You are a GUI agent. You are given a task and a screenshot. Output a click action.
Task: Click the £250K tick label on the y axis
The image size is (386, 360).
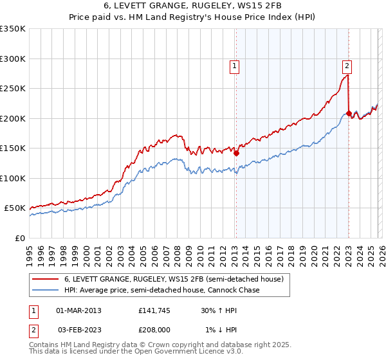tap(13, 89)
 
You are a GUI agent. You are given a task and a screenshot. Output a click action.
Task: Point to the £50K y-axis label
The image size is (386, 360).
tap(15, 208)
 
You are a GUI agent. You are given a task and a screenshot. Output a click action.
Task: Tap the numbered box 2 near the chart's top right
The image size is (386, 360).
tap(347, 65)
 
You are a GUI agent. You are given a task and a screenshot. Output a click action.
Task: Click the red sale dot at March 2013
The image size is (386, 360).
tap(236, 154)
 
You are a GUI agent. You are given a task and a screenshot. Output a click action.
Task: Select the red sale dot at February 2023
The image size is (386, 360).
tap(349, 114)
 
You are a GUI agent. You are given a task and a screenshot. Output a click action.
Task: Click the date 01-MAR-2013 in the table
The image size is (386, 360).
tap(79, 310)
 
